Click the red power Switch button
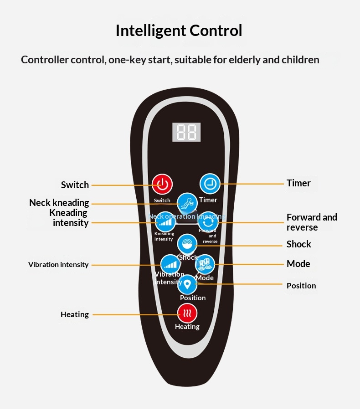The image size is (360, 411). point(162,185)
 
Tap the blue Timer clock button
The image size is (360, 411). point(210,184)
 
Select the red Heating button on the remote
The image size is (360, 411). point(187,313)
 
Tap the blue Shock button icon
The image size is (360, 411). point(187,244)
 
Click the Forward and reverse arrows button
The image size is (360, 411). point(208,223)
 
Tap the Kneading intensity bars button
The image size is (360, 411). point(165,223)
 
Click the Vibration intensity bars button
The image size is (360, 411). point(170,264)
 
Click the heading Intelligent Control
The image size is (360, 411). point(179,31)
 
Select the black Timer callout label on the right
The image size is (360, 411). point(298,183)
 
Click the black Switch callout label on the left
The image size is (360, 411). point(75,185)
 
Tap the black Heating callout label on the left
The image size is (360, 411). point(75,314)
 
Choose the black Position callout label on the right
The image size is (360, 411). point(301,286)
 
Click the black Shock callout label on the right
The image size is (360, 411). point(298,244)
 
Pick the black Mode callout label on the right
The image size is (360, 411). point(298,264)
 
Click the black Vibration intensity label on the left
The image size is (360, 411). point(58,265)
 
